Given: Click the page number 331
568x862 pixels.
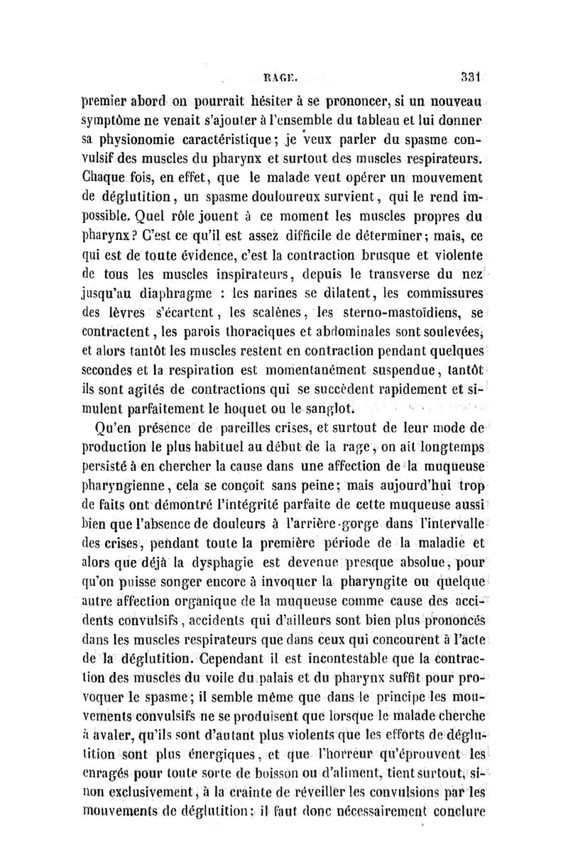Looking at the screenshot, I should pyautogui.click(x=469, y=72).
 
